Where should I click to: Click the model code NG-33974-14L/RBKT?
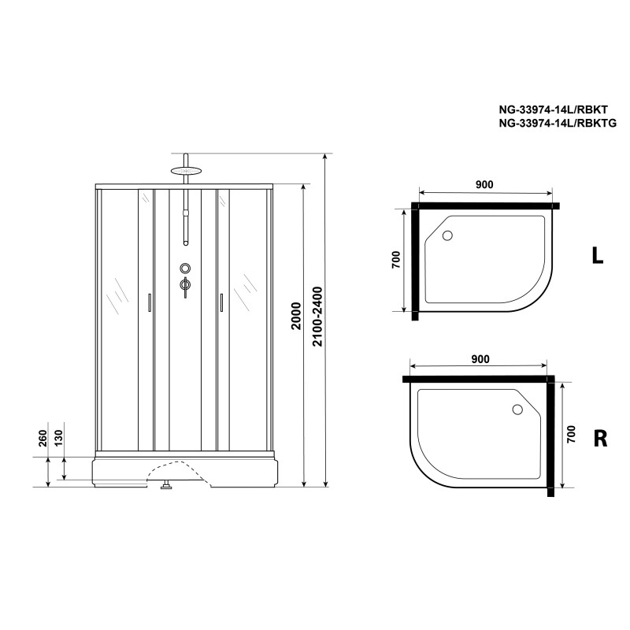554,109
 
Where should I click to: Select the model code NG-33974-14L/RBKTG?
558,124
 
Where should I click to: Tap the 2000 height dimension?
296,317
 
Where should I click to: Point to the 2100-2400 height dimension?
317,317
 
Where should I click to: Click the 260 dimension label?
43,438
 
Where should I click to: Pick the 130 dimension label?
58,438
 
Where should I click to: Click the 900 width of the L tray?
484,184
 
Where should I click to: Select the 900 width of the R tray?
480,359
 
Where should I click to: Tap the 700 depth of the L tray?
395,260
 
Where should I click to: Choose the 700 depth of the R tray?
571,435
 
